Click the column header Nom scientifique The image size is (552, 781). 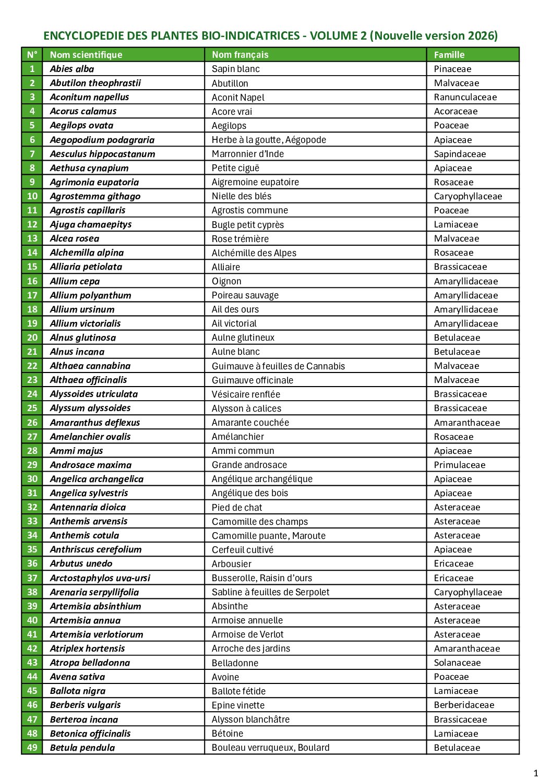(x=86, y=55)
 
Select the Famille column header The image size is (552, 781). (x=449, y=55)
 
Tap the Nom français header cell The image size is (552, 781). (x=240, y=55)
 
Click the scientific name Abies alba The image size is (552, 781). (x=72, y=69)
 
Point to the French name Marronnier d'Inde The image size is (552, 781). (x=248, y=154)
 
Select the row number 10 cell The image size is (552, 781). (x=32, y=196)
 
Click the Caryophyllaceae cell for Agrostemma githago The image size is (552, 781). (x=468, y=196)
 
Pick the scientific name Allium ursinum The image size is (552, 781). (x=82, y=309)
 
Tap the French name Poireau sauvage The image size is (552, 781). (x=245, y=295)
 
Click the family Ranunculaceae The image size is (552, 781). (x=465, y=97)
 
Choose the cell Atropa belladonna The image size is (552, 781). (x=90, y=663)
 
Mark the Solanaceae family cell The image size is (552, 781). (x=458, y=663)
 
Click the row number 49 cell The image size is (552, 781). (x=32, y=748)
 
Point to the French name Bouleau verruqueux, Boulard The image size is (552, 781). (x=271, y=748)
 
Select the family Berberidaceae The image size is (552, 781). (x=464, y=705)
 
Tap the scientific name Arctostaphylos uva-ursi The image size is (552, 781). (x=100, y=578)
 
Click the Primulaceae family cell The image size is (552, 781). (x=460, y=465)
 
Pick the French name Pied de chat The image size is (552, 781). (x=237, y=507)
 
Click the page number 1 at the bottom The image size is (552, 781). (x=535, y=773)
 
